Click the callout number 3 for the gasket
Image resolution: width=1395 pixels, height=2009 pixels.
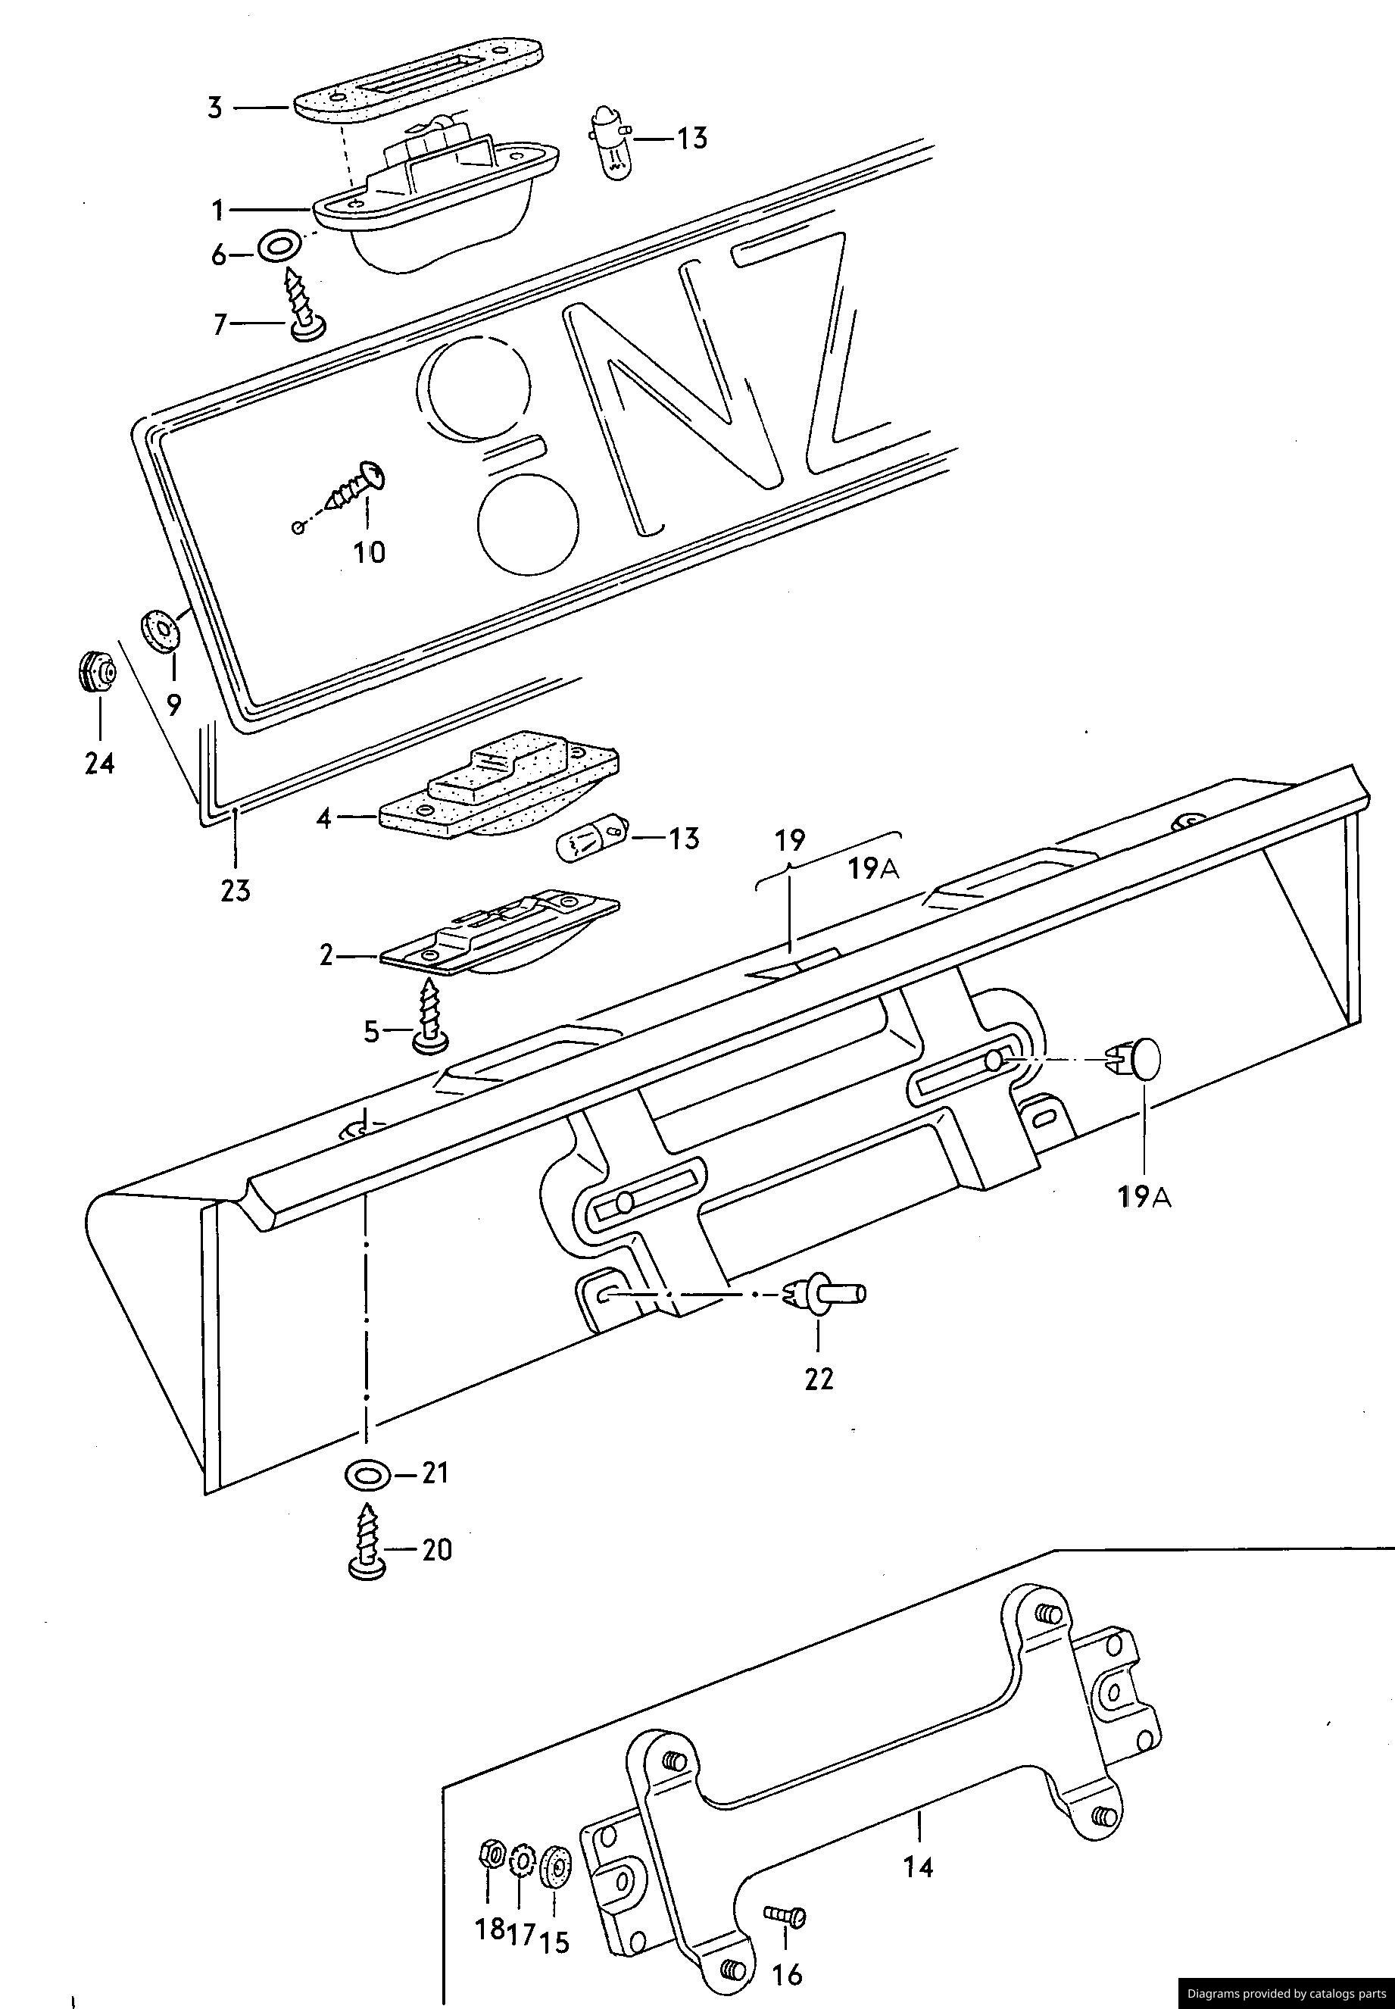[215, 108]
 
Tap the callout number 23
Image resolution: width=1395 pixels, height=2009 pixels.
[235, 891]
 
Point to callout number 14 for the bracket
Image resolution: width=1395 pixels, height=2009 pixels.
[918, 1868]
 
